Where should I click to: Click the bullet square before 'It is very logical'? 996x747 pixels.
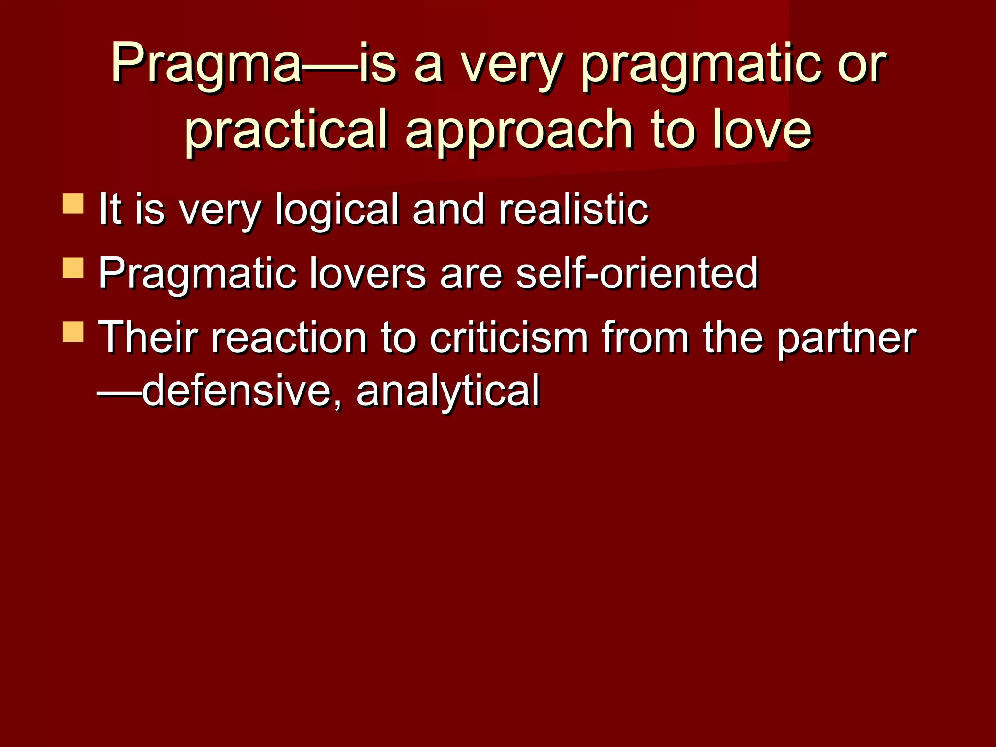tap(73, 204)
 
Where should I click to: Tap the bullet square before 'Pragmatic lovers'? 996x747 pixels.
tap(73, 268)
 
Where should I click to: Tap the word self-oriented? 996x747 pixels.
tap(637, 273)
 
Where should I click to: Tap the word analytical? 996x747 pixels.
tap(448, 391)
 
